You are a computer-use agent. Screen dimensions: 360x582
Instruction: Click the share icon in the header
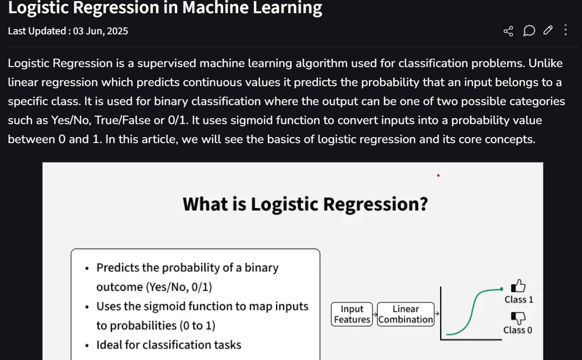pyautogui.click(x=508, y=31)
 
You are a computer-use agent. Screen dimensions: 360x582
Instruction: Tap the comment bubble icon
pyautogui.click(x=529, y=31)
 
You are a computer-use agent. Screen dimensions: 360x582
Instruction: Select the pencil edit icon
pyautogui.click(x=548, y=31)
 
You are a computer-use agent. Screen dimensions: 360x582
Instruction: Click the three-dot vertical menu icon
pyautogui.click(x=566, y=30)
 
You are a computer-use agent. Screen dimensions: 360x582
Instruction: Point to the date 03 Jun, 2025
pyautogui.click(x=100, y=31)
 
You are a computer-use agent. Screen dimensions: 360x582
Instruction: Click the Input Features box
pyautogui.click(x=352, y=314)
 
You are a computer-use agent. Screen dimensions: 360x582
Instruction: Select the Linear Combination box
pyautogui.click(x=406, y=314)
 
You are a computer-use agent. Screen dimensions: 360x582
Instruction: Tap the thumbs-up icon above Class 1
pyautogui.click(x=518, y=286)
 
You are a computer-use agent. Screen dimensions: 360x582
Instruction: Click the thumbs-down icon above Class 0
pyautogui.click(x=518, y=317)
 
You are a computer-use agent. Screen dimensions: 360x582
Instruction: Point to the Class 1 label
pyautogui.click(x=519, y=300)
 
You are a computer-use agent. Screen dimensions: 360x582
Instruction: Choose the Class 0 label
pyautogui.click(x=518, y=330)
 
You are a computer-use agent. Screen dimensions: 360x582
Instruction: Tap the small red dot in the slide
pyautogui.click(x=438, y=176)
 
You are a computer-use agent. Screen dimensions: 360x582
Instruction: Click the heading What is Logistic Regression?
pyautogui.click(x=304, y=204)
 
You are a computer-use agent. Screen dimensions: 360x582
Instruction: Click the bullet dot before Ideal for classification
pyautogui.click(x=87, y=346)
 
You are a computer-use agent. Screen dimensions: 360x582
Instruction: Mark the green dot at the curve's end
pyautogui.click(x=501, y=289)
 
